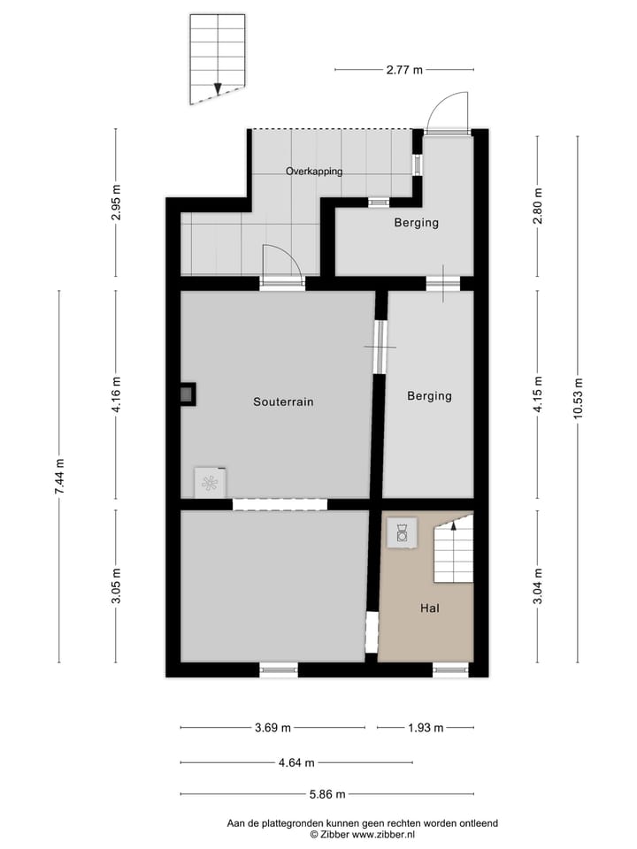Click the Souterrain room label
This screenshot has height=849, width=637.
point(283,402)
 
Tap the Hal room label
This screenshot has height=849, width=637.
point(430,608)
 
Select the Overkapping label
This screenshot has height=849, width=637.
point(313,172)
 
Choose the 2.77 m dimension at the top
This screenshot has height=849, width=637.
point(404,69)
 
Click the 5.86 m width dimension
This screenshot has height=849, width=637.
point(326,794)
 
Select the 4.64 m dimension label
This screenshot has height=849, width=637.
point(296,762)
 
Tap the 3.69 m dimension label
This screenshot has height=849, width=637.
point(272,728)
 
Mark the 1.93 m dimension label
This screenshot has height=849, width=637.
point(425,728)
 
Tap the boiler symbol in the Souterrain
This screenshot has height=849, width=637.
point(211,482)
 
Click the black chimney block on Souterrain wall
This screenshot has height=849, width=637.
point(188,394)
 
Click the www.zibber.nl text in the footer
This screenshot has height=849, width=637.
point(384,834)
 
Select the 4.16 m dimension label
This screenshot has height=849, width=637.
point(116,399)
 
